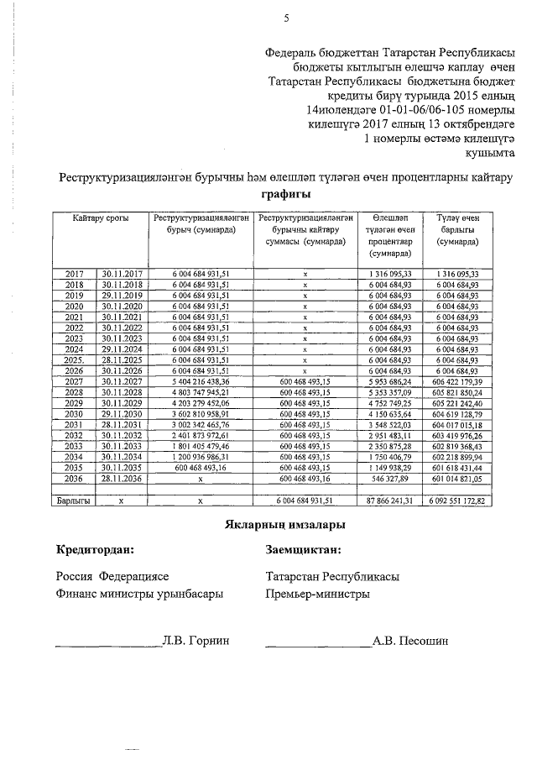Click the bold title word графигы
[x=285, y=194]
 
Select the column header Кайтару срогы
[x=100, y=218]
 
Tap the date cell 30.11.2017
[x=123, y=274]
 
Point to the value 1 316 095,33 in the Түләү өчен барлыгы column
[x=457, y=274]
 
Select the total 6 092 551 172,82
[x=457, y=501]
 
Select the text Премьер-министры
[x=316, y=594]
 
